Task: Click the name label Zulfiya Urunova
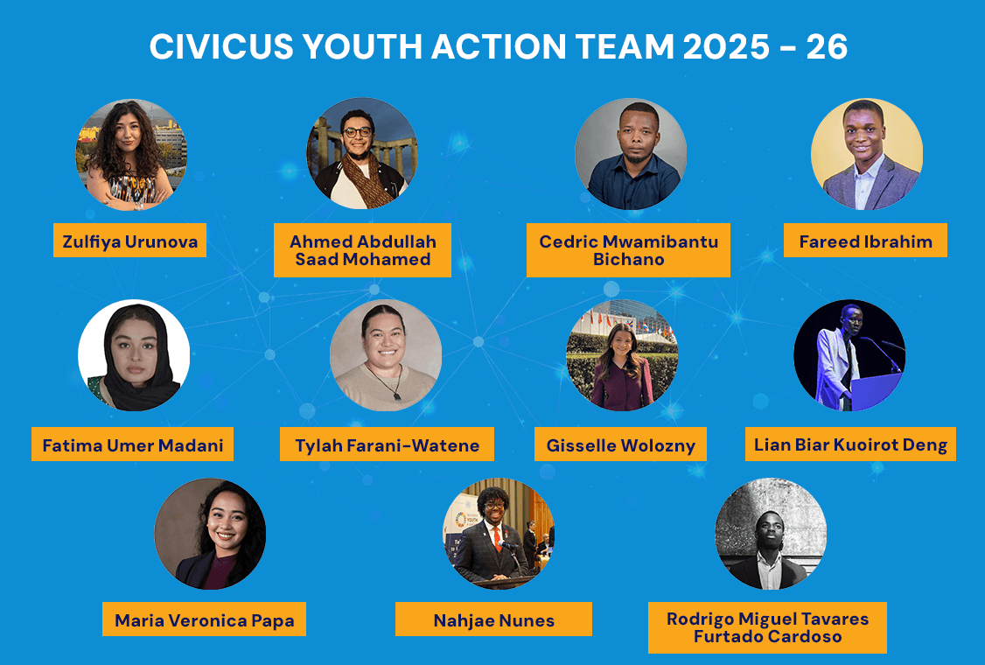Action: pos(129,241)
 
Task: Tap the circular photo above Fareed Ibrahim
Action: pos(866,155)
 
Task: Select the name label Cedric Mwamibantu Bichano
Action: pos(628,250)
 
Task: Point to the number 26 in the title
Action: pos(826,47)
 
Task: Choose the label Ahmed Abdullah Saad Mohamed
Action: pos(362,250)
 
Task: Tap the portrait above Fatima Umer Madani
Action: pos(134,355)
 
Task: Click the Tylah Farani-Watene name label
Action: pos(387,444)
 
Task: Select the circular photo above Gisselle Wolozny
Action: pos(622,355)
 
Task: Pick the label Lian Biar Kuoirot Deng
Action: pos(850,444)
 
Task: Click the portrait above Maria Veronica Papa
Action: pos(210,534)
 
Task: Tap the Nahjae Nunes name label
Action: pos(493,620)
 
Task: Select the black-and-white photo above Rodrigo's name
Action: pos(771,534)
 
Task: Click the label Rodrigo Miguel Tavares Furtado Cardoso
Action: pos(767,627)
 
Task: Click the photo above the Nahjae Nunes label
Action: pos(498,534)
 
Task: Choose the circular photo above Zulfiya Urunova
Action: pos(131,155)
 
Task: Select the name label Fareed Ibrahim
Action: pos(865,241)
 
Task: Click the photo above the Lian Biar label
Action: pos(849,355)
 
